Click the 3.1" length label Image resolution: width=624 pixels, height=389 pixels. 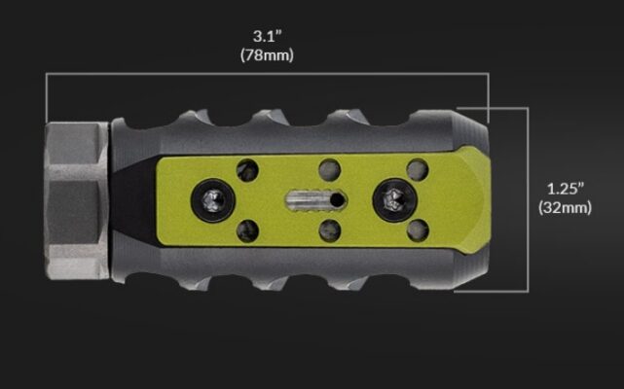(266, 37)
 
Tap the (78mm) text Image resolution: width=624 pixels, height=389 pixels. (266, 55)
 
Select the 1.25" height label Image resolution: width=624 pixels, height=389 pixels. (564, 188)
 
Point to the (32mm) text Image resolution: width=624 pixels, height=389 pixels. (564, 207)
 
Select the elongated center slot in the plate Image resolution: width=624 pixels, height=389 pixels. (313, 198)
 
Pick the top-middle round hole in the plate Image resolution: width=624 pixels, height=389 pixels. (329, 168)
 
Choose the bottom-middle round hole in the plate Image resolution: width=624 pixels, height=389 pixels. (329, 230)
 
